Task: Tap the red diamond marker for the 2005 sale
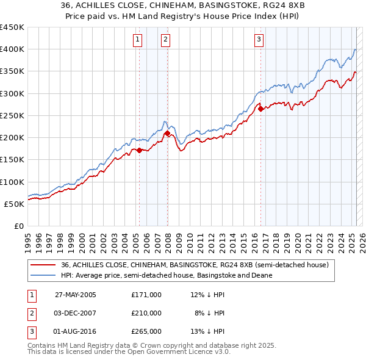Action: coord(139,150)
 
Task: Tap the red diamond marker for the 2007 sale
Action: coord(167,133)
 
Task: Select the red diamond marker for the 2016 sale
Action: coord(260,109)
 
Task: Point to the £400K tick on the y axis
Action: coord(12,49)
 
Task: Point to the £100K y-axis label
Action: coord(12,182)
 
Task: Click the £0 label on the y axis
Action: coord(18,226)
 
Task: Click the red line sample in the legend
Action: coord(43,265)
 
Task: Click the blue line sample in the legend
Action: coord(43,275)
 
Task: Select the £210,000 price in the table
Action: coord(146,313)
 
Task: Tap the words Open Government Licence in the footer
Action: coord(185,353)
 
